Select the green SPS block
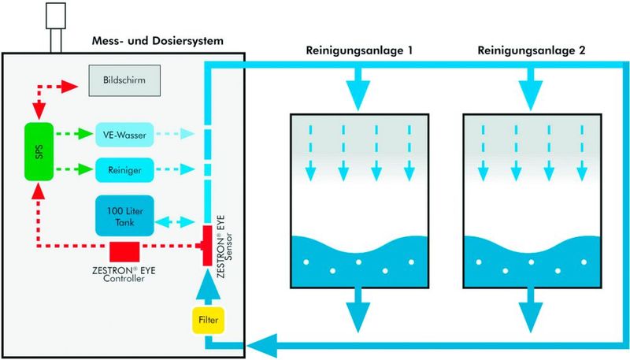pyautogui.click(x=38, y=151)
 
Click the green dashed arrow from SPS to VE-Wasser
pyautogui.click(x=72, y=134)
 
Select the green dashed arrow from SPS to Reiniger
pyautogui.click(x=72, y=168)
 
